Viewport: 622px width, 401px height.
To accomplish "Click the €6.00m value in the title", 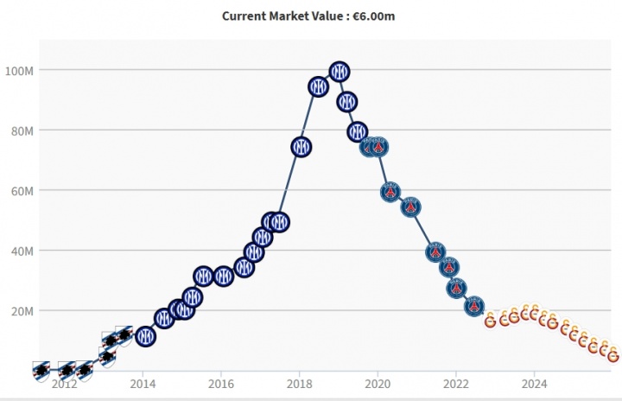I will click(375, 16).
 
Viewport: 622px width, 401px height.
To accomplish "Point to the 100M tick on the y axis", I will click(19, 70).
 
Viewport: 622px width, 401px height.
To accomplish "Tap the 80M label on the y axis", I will click(21, 130).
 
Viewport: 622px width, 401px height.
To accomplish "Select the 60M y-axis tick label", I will click(21, 190).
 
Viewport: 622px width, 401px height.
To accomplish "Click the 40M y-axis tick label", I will click(21, 251).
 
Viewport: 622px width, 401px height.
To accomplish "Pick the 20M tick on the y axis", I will click(21, 310).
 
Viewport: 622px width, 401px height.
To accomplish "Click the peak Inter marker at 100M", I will click(340, 71).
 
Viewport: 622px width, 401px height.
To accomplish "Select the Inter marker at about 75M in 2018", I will click(301, 147).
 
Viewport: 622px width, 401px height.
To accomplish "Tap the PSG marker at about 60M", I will click(390, 191).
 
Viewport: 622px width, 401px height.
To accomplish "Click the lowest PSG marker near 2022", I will click(474, 306).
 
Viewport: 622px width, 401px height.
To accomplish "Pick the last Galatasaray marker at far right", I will click(613, 355).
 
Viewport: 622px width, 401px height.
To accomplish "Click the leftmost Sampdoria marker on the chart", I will click(41, 370).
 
